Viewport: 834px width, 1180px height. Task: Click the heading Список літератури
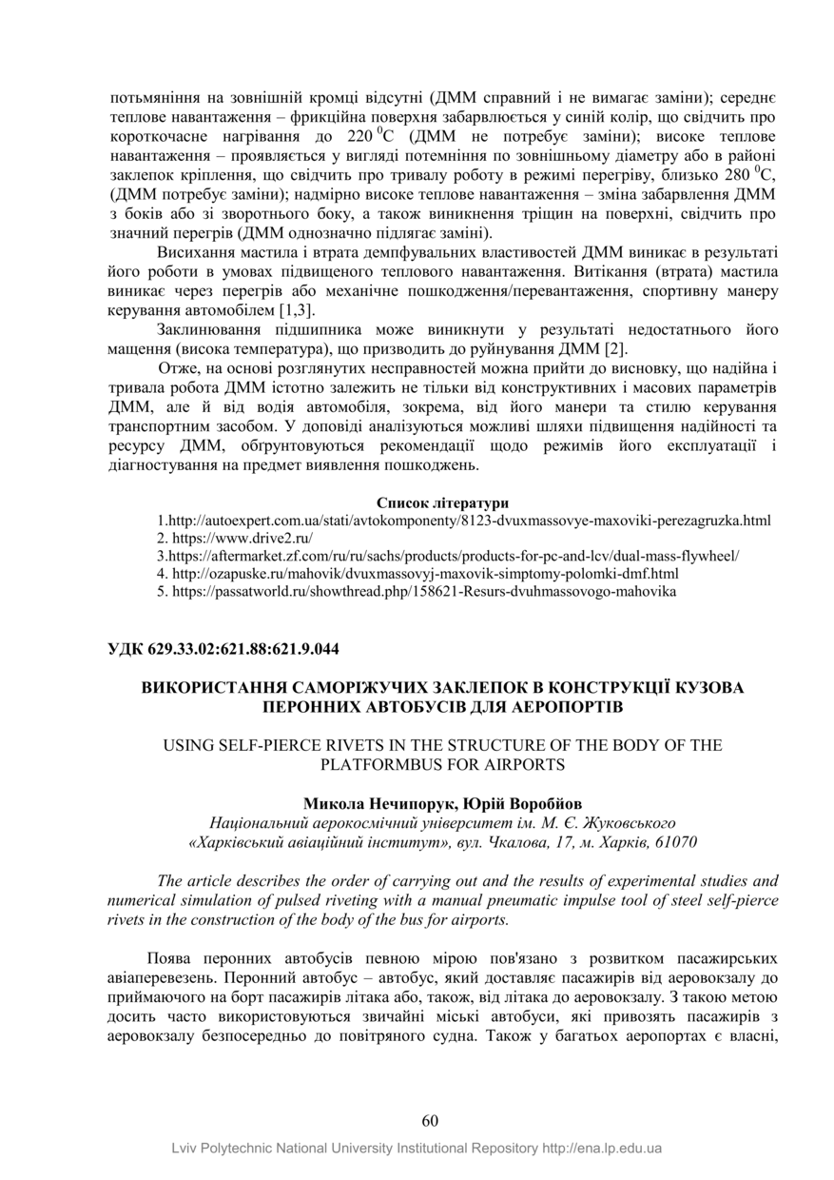point(442,501)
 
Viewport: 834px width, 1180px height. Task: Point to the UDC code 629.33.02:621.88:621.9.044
point(224,649)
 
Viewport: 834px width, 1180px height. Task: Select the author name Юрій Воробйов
point(506,802)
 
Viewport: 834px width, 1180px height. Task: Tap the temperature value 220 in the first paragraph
point(359,134)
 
